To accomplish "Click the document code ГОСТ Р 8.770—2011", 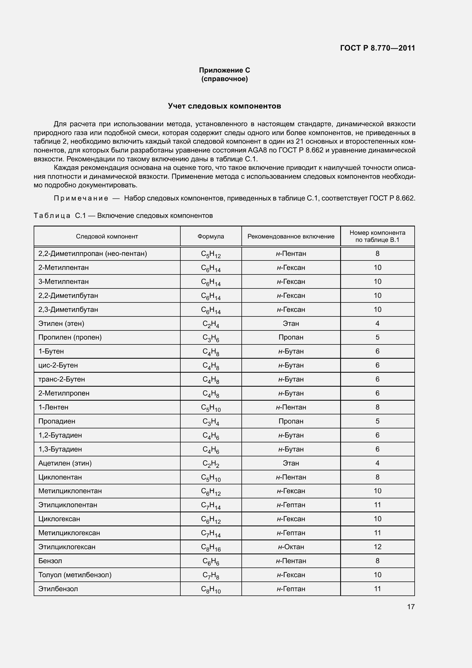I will (x=377, y=48).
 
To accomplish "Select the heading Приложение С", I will (x=224, y=70).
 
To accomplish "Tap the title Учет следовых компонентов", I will (x=224, y=106).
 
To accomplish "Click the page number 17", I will (x=411, y=607).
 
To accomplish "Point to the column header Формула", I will (x=211, y=236).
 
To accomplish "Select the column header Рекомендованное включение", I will (x=291, y=236).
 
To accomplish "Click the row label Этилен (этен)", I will (x=61, y=324).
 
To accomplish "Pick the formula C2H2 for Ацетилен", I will (x=211, y=464).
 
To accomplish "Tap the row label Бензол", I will (x=50, y=561).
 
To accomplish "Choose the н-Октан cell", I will (x=291, y=547).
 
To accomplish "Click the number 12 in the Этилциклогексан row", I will (x=377, y=547).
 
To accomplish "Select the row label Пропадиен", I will (x=57, y=421).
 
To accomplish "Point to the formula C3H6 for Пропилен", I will (x=211, y=338).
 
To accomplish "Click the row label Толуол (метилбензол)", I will (x=75, y=575).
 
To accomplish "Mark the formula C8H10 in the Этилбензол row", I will (x=211, y=589).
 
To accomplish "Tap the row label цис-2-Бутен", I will (x=58, y=366).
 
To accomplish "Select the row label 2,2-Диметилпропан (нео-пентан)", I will (x=93, y=254).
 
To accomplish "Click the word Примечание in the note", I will (x=81, y=198).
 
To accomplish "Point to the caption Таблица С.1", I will (x=60, y=216).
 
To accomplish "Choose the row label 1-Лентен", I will (x=53, y=407).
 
